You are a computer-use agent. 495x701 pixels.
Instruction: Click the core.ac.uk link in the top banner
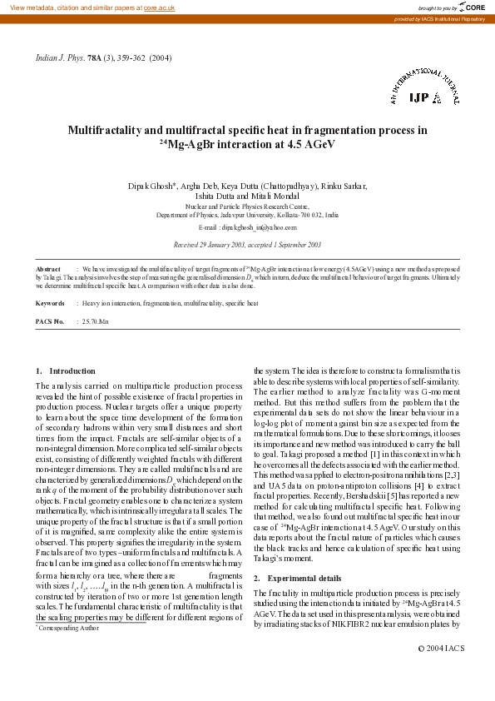coord(159,7)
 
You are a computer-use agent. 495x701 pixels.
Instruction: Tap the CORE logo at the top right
coord(467,7)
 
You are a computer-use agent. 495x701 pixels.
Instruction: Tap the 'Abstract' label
coord(49,270)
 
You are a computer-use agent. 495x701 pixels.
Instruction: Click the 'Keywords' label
coord(52,304)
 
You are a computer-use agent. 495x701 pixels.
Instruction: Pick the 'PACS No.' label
coord(50,321)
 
